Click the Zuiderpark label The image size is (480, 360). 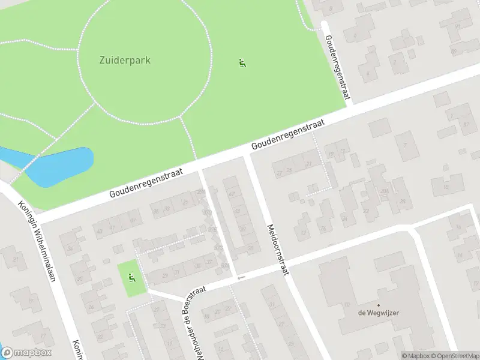125,60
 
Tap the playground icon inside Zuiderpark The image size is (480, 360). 242,63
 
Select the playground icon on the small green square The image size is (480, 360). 131,278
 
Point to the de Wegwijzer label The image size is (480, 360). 379,313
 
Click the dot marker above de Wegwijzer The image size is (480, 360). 378,305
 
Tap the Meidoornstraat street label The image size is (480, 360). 277,249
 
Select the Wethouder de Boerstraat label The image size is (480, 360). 194,322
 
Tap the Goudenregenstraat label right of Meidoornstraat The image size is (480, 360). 288,134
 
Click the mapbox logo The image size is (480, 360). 26,353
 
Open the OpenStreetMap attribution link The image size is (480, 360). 454,356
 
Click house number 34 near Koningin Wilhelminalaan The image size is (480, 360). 71,249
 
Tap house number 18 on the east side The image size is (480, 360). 445,187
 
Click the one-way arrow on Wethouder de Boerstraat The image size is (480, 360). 241,277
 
